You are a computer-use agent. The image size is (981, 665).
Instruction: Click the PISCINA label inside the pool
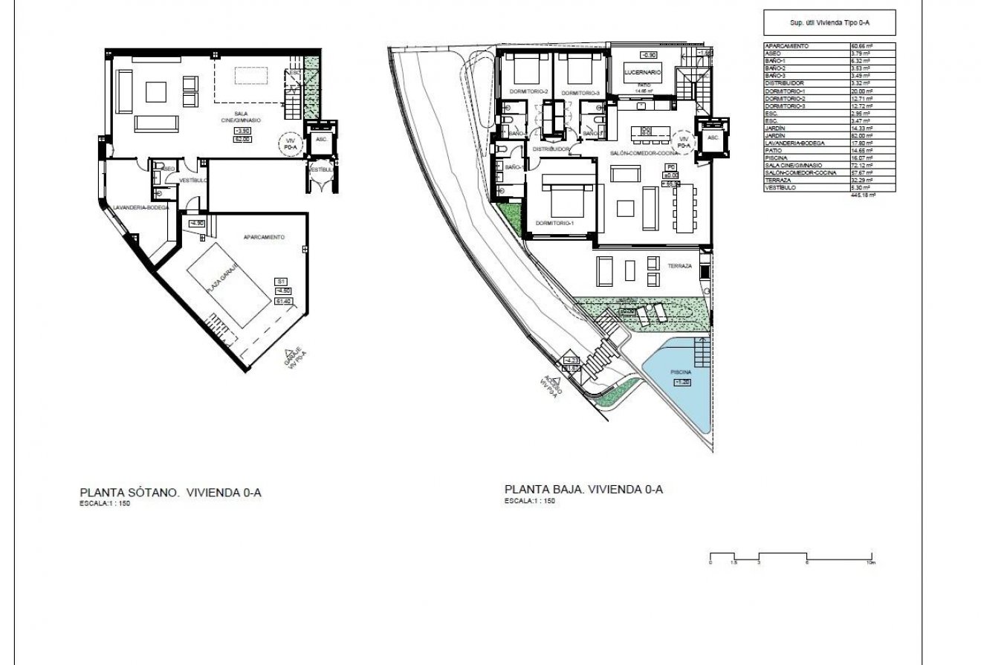[x=681, y=372]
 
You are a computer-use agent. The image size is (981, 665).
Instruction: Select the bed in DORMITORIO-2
[x=525, y=73]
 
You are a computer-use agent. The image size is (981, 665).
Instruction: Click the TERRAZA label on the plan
[x=679, y=265]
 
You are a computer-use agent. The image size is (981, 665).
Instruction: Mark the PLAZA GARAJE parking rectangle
[x=228, y=285]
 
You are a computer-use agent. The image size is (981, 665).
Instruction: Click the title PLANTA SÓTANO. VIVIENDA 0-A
[x=171, y=492]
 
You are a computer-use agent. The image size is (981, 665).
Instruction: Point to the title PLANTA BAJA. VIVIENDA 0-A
[x=583, y=490]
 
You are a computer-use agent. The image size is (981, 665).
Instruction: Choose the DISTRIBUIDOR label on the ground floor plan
[x=551, y=149]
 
